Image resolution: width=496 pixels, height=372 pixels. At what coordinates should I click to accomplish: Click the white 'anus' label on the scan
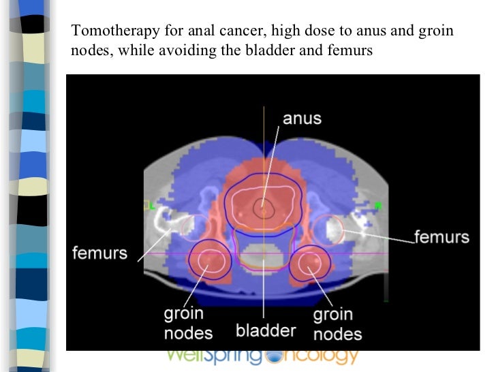(302, 118)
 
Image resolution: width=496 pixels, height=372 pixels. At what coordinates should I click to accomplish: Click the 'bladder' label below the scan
(266, 331)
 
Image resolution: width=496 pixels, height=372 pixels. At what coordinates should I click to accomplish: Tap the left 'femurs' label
(99, 253)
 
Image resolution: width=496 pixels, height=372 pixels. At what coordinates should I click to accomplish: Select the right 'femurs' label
(442, 237)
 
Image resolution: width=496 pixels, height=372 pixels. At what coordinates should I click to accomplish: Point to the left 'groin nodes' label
(187, 324)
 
